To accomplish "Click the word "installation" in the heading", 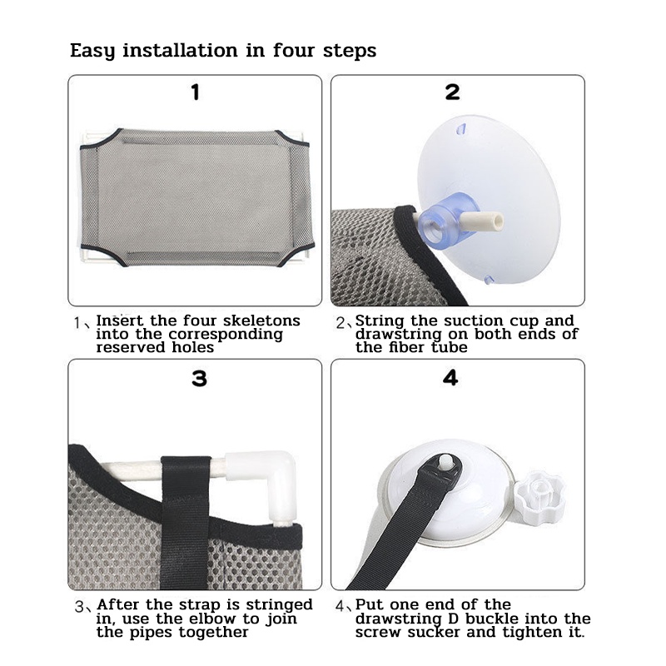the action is [180, 51].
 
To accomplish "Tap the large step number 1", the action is [196, 92].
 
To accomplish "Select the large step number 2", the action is [452, 92].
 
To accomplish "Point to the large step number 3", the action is [199, 379].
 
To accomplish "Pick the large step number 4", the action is [450, 378].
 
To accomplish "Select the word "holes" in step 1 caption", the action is [192, 347].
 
